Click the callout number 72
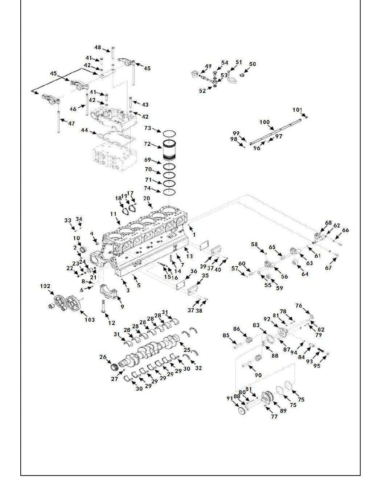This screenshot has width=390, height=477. [147, 144]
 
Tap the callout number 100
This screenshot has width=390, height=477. [264, 122]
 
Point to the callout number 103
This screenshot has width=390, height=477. [90, 320]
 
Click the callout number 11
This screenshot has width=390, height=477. [113, 214]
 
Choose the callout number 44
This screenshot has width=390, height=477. [85, 130]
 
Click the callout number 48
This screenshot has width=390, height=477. [98, 48]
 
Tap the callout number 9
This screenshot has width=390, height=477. [122, 307]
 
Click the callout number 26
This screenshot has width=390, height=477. [103, 357]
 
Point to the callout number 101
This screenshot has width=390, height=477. [297, 110]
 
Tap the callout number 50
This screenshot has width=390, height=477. [253, 64]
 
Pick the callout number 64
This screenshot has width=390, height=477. [305, 274]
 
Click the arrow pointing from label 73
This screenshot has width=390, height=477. [156, 130]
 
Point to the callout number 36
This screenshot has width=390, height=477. [194, 271]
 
